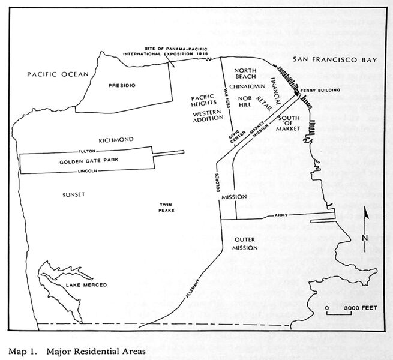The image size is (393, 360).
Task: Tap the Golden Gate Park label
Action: (x=83, y=162)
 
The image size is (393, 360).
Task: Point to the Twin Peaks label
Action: (x=166, y=208)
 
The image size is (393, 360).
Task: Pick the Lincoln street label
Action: (x=88, y=171)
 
